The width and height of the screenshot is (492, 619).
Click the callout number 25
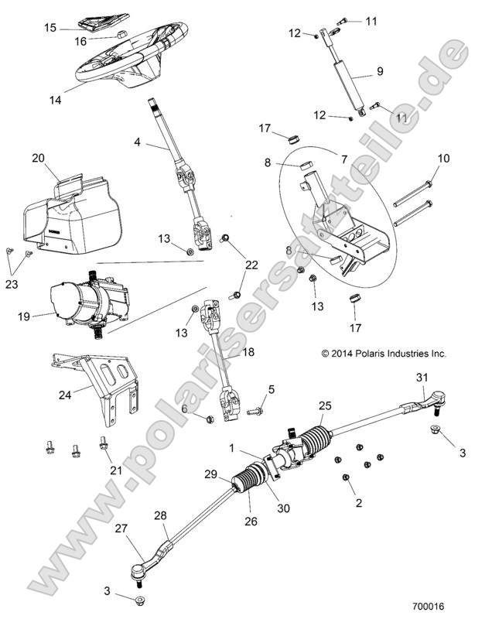(x=325, y=405)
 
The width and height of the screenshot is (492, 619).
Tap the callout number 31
(x=422, y=377)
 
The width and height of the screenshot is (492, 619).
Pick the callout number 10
(x=443, y=159)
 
